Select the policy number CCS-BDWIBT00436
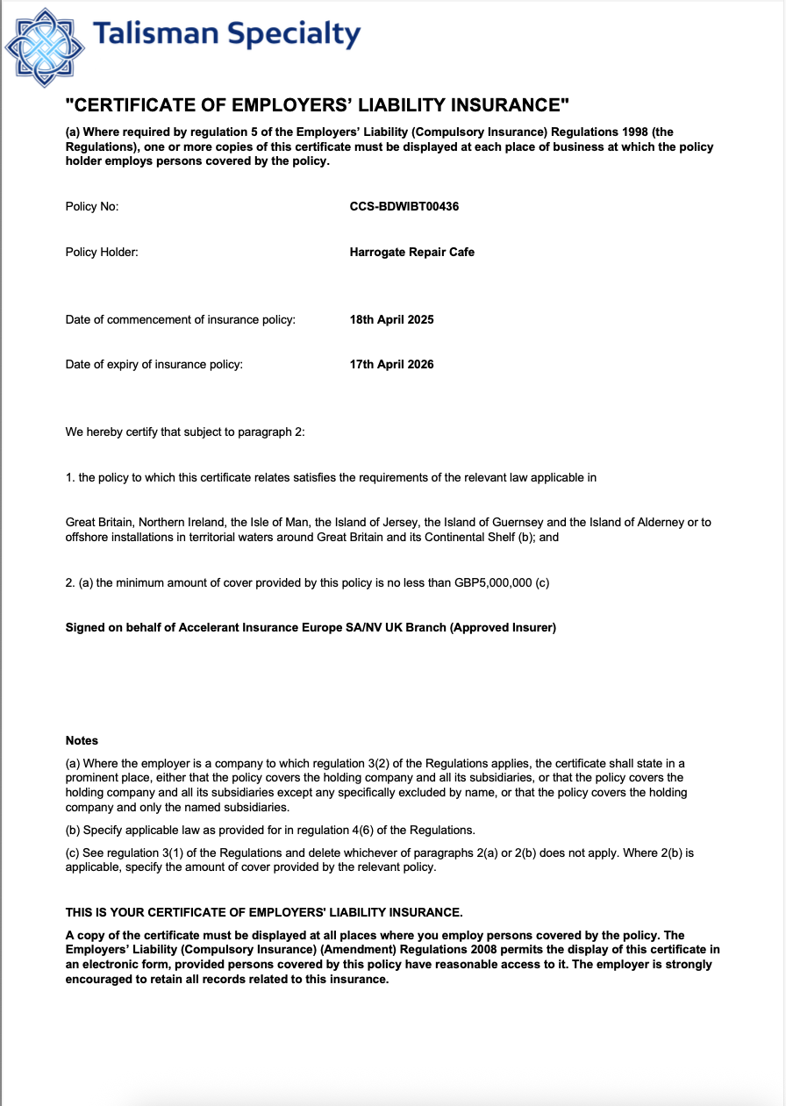click(404, 207)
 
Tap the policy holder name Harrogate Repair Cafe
click(411, 252)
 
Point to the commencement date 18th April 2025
click(391, 319)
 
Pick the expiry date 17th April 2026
click(391, 364)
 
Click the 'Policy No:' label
click(92, 207)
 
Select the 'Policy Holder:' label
click(102, 252)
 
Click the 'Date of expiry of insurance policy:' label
click(154, 364)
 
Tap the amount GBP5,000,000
click(493, 583)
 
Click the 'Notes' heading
click(82, 740)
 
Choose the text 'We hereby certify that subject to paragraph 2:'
click(185, 432)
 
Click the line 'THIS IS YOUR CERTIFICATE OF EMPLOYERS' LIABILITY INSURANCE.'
click(264, 912)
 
